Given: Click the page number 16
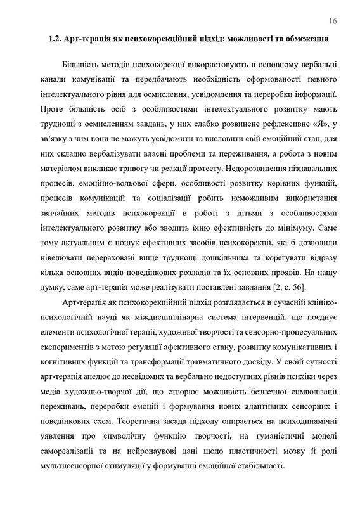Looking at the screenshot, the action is click(x=333, y=21).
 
